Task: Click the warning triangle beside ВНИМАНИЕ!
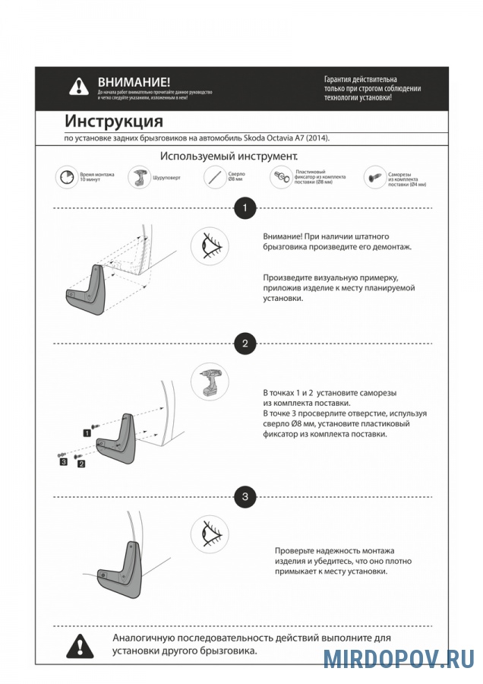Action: [79, 87]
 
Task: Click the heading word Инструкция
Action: [113, 122]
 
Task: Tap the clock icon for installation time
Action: [67, 179]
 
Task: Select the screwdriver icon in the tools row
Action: [139, 179]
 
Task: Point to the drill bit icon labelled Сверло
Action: [214, 179]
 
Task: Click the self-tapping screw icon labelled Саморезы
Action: [374, 179]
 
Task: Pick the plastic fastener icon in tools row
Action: [282, 179]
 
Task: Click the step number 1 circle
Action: [244, 207]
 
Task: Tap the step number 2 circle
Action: [244, 344]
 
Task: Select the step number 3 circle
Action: [244, 497]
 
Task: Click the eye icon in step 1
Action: [210, 246]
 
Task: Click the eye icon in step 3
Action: [210, 534]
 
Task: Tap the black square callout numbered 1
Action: [87, 432]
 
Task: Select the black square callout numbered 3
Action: [64, 461]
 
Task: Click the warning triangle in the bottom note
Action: [80, 645]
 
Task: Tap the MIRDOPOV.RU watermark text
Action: [398, 658]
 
